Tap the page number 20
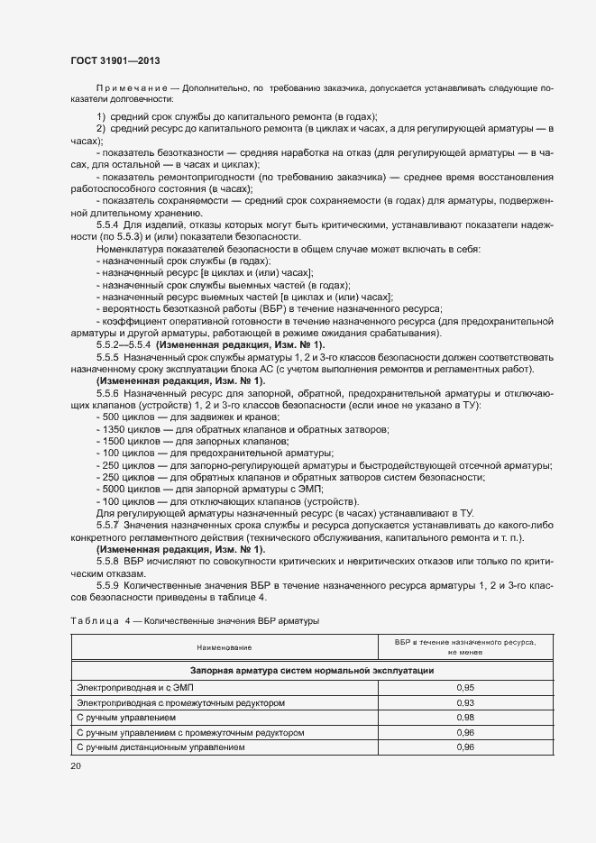(76, 765)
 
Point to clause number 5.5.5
(108, 358)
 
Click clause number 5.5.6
(108, 394)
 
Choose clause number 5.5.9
(108, 585)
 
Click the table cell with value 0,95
(465, 687)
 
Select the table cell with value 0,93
(465, 702)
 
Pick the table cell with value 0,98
(465, 718)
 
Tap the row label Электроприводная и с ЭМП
(129, 687)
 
